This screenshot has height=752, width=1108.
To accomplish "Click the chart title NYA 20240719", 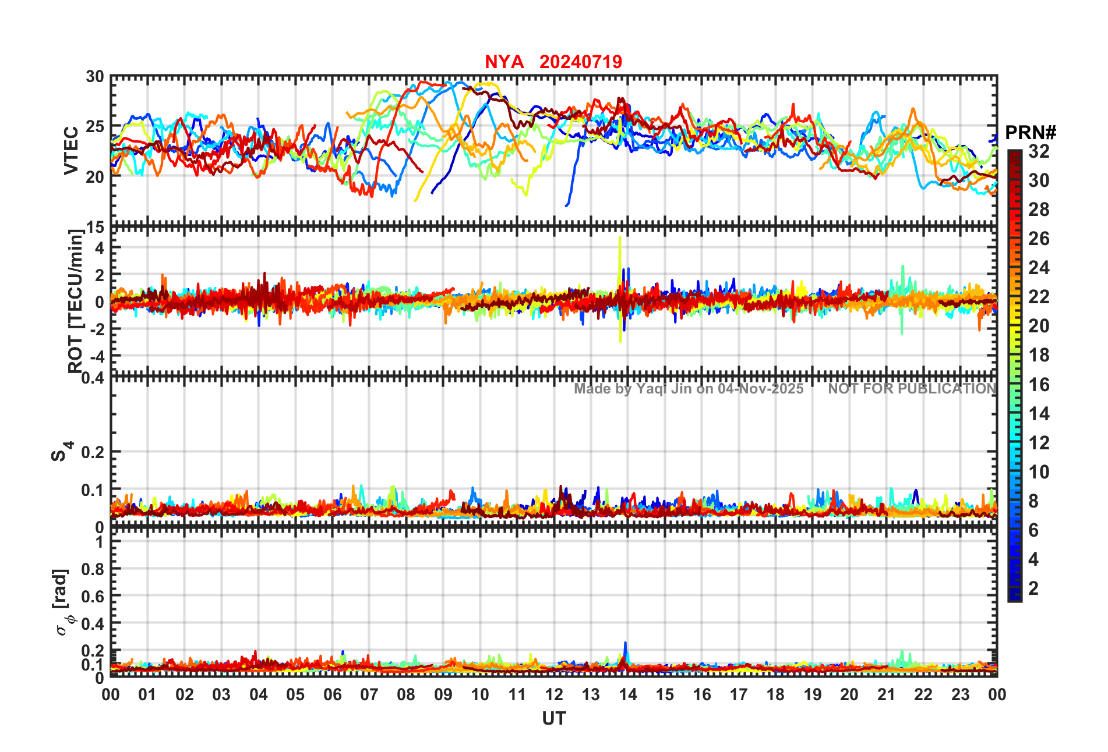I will pos(553,62).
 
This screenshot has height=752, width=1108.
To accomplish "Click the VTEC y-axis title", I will pos(71,151).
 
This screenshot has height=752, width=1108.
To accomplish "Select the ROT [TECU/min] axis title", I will pos(75,301).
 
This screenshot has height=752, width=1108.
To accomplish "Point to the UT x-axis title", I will pos(553,719).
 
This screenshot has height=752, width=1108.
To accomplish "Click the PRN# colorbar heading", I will pos(1031,133).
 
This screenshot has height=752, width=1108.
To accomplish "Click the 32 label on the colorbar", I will pos(1039,151).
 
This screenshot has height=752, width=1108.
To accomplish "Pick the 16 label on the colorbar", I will pos(1039,385).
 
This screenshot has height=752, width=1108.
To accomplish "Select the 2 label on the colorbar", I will pos(1033,588).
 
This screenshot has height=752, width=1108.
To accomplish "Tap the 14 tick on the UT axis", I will pos(627,695).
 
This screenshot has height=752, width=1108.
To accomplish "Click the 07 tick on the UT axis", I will pos(369,695).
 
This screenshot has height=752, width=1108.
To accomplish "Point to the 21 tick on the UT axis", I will pos(886,695).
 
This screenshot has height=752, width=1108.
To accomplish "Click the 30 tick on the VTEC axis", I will pos(95,77).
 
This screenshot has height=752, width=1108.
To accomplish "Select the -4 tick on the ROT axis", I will pos(96,356).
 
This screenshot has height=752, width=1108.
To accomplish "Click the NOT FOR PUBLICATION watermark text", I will pos(912,389).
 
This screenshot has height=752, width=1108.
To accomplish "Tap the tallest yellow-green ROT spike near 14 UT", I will pos(620,239).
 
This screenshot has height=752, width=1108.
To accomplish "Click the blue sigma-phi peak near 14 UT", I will pos(626,644).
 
